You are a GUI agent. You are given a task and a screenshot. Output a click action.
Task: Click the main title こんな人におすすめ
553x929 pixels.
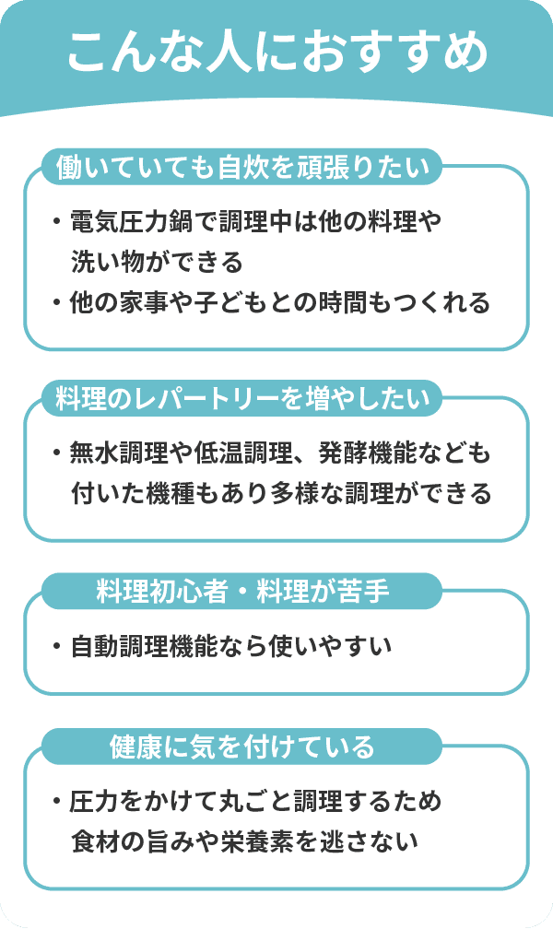(x=277, y=53)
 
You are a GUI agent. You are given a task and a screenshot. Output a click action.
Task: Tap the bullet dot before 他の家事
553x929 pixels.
(x=57, y=303)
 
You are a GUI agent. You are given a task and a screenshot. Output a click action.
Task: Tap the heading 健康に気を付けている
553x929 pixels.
(x=241, y=747)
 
